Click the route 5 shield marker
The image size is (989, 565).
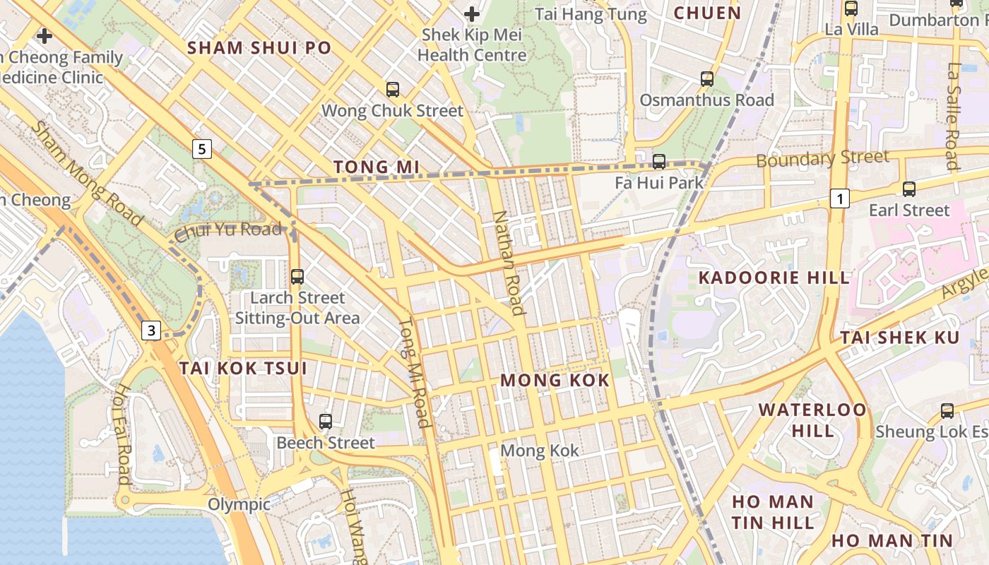click(x=202, y=149)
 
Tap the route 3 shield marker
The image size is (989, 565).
click(x=151, y=330)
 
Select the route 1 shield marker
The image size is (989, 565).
click(x=839, y=199)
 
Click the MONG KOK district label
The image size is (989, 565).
click(x=555, y=381)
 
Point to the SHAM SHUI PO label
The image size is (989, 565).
click(x=259, y=48)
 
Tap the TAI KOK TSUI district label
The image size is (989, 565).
click(x=243, y=368)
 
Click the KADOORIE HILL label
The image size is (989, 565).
click(x=774, y=278)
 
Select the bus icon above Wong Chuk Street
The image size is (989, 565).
click(x=393, y=90)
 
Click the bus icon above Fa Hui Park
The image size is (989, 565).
click(x=659, y=162)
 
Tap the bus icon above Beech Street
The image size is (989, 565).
click(x=326, y=422)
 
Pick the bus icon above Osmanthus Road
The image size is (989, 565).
click(x=707, y=79)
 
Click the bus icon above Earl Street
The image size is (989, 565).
click(x=909, y=189)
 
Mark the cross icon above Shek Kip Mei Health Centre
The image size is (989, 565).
click(x=472, y=13)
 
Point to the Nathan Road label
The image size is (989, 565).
click(x=509, y=263)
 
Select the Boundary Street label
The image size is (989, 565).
click(x=822, y=158)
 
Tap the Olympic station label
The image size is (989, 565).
click(x=239, y=504)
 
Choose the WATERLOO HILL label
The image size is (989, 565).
click(x=812, y=420)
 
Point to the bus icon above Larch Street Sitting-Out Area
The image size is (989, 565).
click(x=297, y=277)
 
